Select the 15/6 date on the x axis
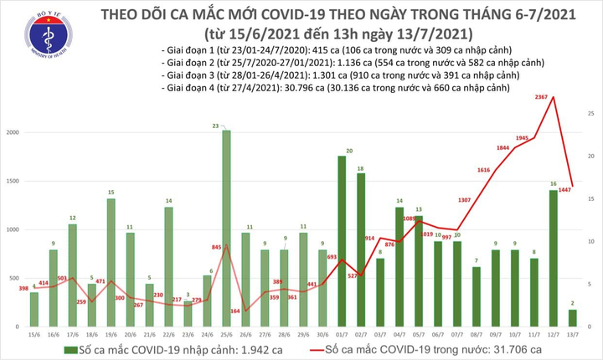click(x=34, y=335)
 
